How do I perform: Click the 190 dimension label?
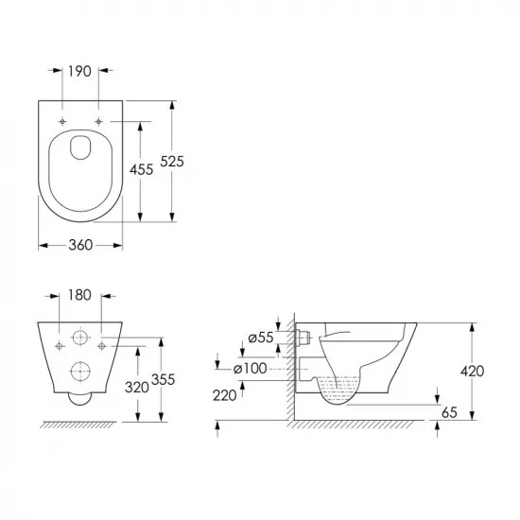[79, 71]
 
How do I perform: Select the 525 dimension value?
[172, 162]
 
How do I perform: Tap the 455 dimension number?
[141, 169]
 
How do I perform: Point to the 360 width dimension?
[80, 245]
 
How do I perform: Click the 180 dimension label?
[79, 295]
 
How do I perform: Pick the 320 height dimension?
[137, 387]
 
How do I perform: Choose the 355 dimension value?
[163, 379]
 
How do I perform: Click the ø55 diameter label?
[261, 338]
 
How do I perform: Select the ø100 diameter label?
[251, 369]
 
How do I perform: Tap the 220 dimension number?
[224, 395]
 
